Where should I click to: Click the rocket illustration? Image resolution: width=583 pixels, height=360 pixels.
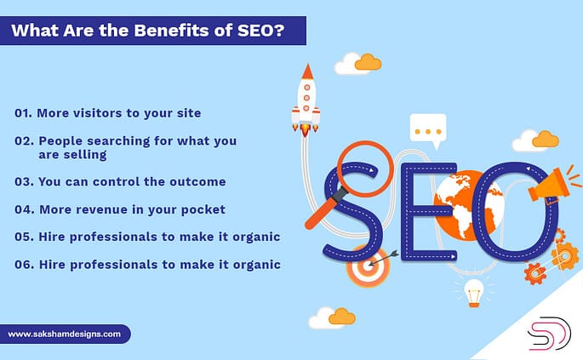coord(306,99)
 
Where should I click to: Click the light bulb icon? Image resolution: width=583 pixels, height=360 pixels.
coord(474,290)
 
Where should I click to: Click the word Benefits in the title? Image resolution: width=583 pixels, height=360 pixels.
coord(141,31)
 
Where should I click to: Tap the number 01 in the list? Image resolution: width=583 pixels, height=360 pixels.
coord(24,112)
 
